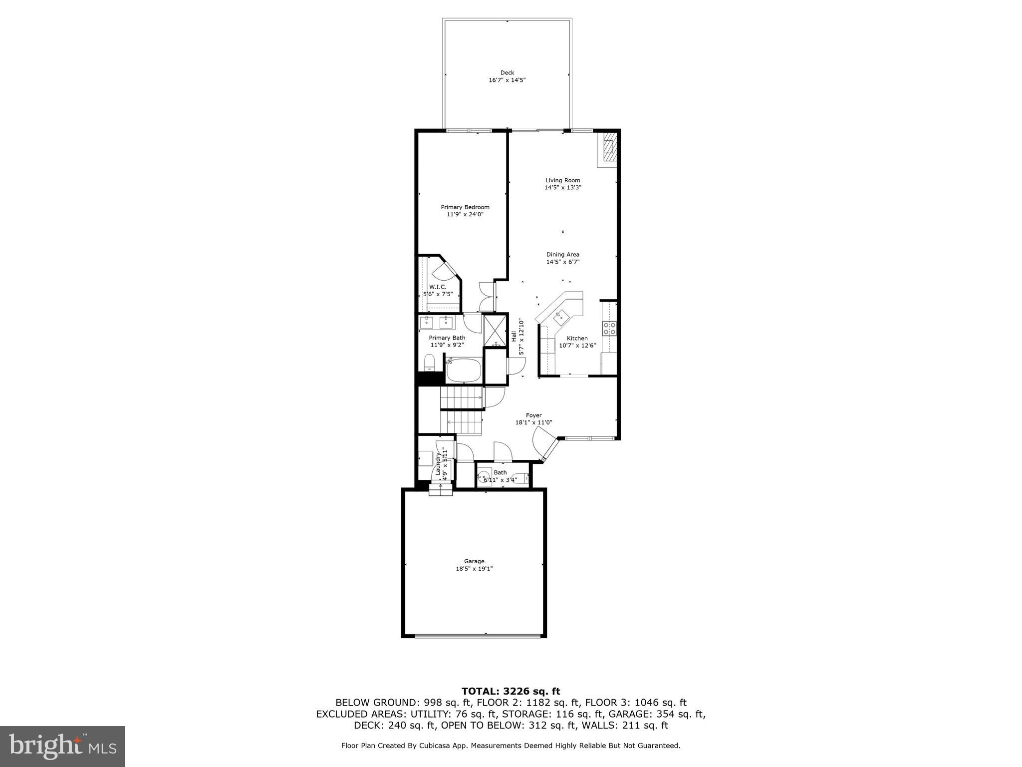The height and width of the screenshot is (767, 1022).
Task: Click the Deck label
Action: tap(507, 73)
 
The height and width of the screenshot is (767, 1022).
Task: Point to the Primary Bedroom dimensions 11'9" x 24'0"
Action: tap(465, 215)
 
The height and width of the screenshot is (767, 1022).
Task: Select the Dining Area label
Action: tap(562, 255)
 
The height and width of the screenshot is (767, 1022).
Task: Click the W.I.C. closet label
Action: tap(438, 287)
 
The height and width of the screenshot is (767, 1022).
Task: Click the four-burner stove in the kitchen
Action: tap(610, 328)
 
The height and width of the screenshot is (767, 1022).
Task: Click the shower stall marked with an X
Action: tap(495, 330)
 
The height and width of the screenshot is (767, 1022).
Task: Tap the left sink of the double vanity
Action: tap(427, 323)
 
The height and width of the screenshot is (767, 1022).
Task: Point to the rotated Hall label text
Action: tap(514, 337)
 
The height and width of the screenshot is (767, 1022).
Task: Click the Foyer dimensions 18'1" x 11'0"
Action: tap(533, 422)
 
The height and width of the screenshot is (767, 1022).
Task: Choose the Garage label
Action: tap(474, 561)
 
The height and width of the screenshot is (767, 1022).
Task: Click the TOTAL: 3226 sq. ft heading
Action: tap(511, 692)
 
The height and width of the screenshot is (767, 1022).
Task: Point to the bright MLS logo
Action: tap(62, 747)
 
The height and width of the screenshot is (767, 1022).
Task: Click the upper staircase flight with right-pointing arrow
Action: tap(462, 398)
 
